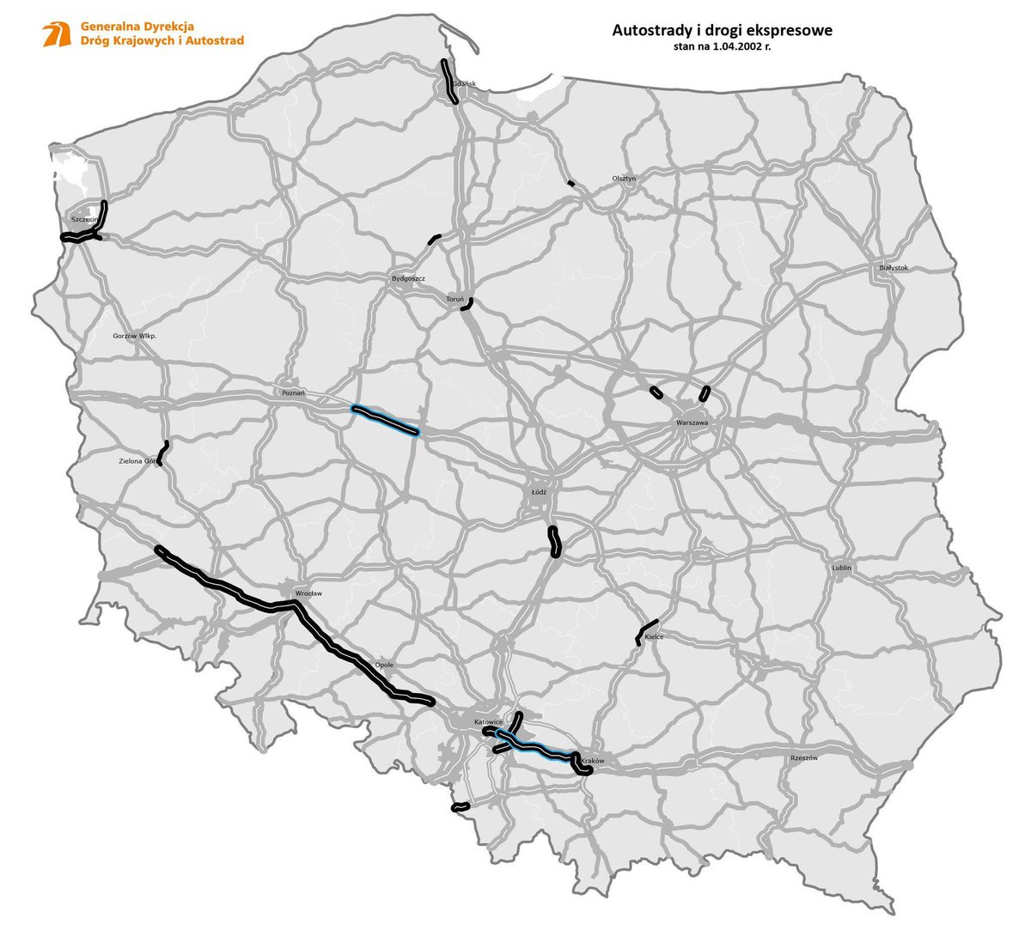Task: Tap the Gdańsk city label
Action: [x=464, y=84]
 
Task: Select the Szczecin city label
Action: [x=82, y=219]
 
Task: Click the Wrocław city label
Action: [x=307, y=593]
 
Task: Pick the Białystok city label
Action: [x=894, y=267]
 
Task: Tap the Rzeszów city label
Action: [x=803, y=757]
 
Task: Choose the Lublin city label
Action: [x=841, y=568]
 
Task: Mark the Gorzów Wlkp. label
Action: [x=135, y=336]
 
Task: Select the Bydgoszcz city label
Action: [x=408, y=278]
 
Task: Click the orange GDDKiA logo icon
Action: [x=57, y=34]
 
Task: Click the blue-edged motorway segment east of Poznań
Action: [x=385, y=421]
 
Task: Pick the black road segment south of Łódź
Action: [x=554, y=542]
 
